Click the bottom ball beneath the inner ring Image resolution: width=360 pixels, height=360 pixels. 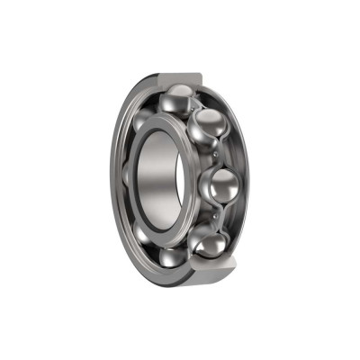pyautogui.click(x=173, y=259)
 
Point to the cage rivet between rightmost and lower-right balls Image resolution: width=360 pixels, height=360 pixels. pyautogui.click(x=219, y=216)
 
